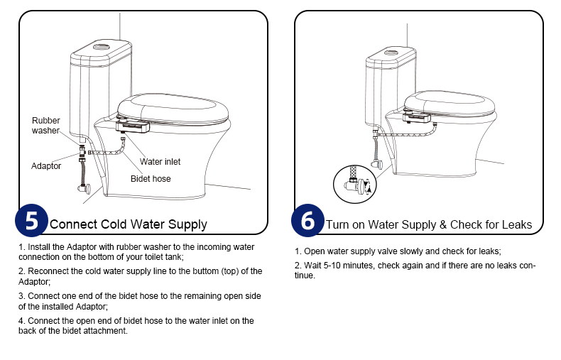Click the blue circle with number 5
(x=31, y=220)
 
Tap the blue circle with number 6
(x=307, y=220)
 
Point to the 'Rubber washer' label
(x=45, y=125)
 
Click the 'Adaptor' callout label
(x=45, y=166)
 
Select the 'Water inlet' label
(x=160, y=162)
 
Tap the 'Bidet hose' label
(x=151, y=178)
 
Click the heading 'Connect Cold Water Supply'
(x=129, y=224)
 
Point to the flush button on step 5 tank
(x=102, y=47)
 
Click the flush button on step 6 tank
(x=391, y=53)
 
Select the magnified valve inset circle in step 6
(x=354, y=185)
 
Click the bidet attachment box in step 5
(x=132, y=126)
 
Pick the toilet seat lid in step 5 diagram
(x=173, y=108)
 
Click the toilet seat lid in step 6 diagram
(x=450, y=102)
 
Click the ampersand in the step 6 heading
(x=443, y=224)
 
